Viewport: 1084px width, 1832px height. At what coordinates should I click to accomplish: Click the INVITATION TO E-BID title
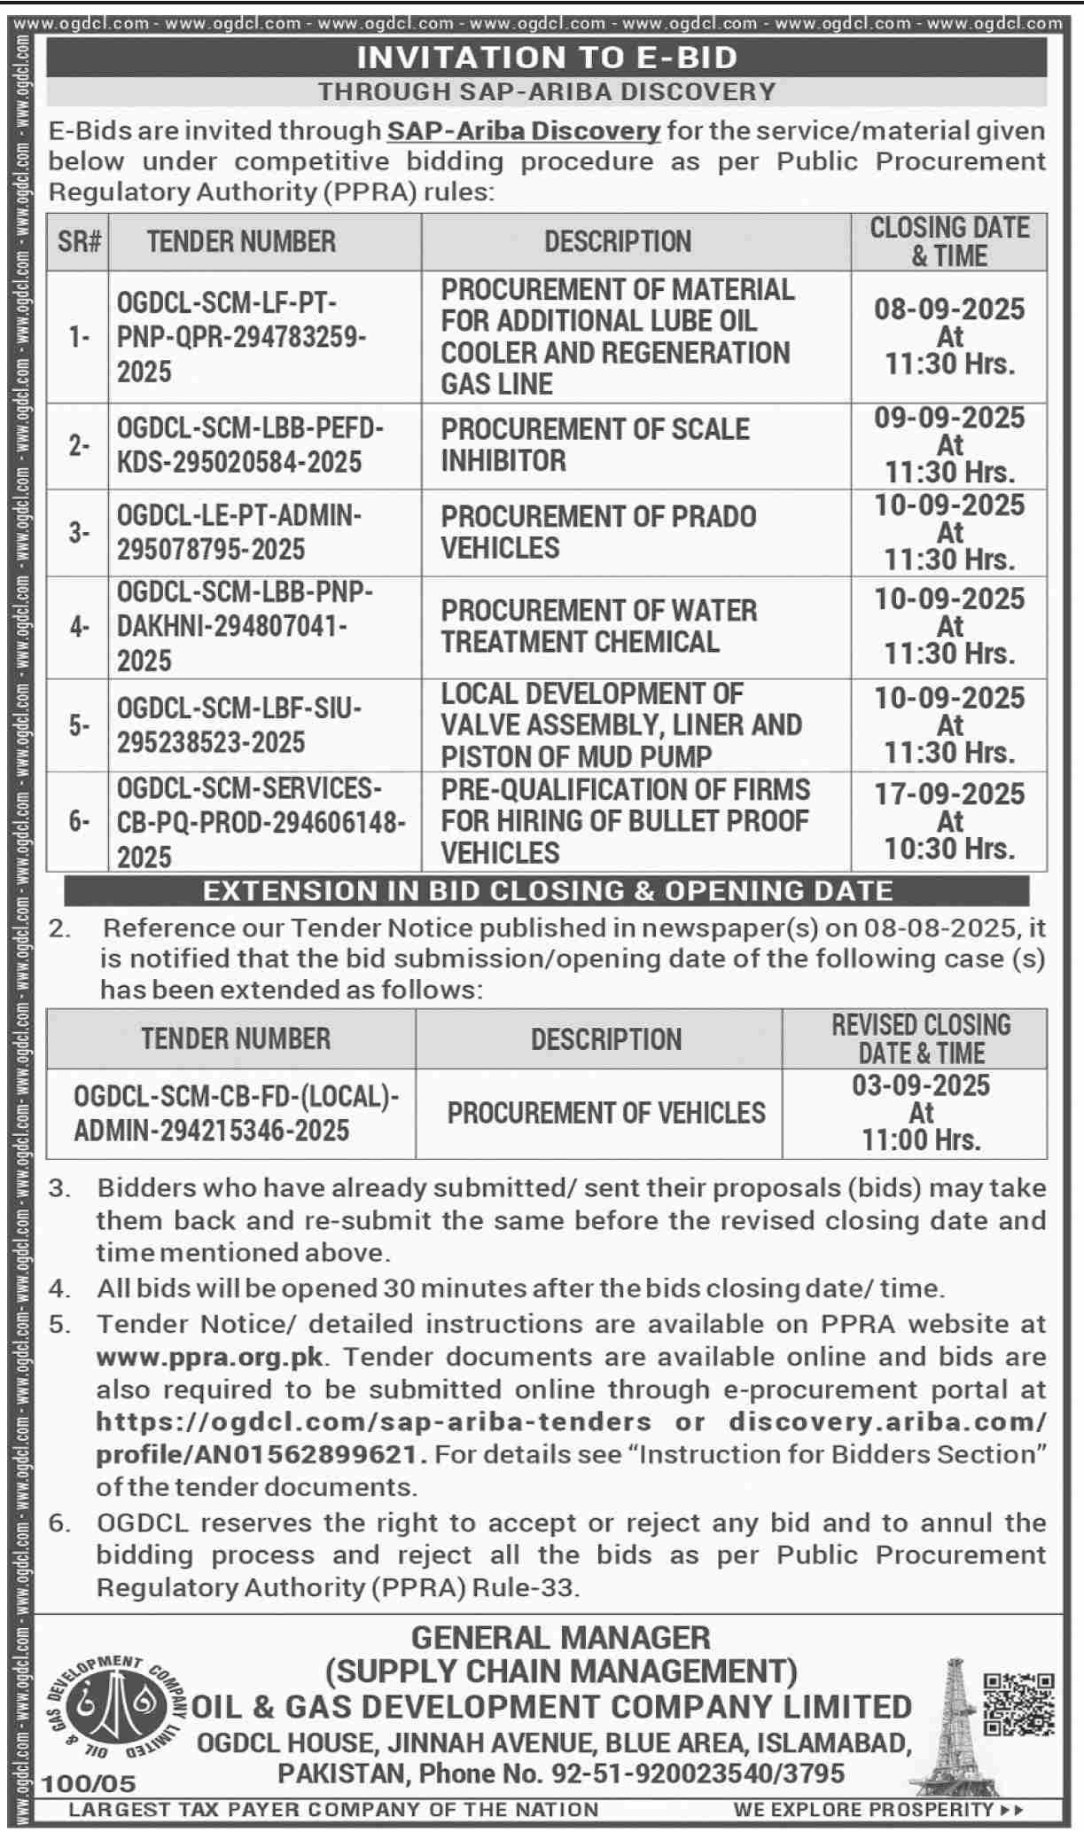547,58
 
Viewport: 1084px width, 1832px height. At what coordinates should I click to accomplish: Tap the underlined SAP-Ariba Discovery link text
524,131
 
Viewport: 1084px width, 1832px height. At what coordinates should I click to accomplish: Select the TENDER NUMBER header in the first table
241,241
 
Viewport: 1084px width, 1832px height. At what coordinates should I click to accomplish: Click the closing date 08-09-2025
949,309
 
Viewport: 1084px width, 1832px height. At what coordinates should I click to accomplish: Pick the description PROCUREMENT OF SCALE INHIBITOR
595,444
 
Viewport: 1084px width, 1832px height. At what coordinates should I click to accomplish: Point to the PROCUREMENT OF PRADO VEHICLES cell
598,532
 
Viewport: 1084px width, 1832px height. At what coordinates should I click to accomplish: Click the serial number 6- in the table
79,821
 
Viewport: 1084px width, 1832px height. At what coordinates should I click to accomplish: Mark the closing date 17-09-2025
949,794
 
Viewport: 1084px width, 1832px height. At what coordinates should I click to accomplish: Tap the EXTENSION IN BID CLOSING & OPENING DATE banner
547,890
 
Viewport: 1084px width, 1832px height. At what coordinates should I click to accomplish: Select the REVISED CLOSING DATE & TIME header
920,1038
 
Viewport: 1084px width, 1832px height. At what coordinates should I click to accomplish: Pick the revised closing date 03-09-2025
920,1085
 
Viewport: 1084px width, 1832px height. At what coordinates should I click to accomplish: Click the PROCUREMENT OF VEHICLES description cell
606,1113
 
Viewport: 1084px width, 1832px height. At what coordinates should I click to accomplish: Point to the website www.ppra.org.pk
210,1357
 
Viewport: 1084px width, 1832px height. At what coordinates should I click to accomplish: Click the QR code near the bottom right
1018,1703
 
